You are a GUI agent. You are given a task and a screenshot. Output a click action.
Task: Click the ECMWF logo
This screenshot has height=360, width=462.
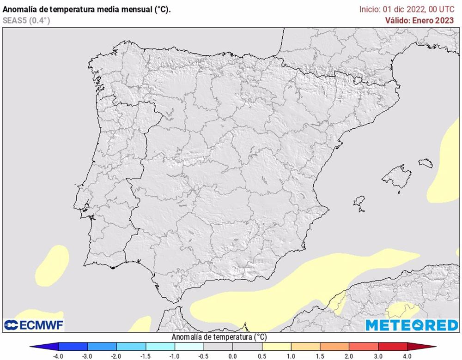click(34, 325)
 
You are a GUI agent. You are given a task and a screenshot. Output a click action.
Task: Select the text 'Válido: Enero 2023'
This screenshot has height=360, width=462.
click(420, 20)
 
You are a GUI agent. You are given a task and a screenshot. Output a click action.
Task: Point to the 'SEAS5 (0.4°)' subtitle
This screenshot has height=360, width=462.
click(26, 20)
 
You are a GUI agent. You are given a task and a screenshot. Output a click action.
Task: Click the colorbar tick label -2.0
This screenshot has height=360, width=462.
click(117, 356)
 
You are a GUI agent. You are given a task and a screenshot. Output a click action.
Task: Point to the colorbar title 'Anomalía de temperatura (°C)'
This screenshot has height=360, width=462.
click(219, 337)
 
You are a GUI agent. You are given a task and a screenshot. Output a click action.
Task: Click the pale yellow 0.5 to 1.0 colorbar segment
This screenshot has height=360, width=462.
click(276, 346)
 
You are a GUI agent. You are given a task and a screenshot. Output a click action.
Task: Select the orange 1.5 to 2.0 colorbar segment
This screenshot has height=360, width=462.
click(334, 346)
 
